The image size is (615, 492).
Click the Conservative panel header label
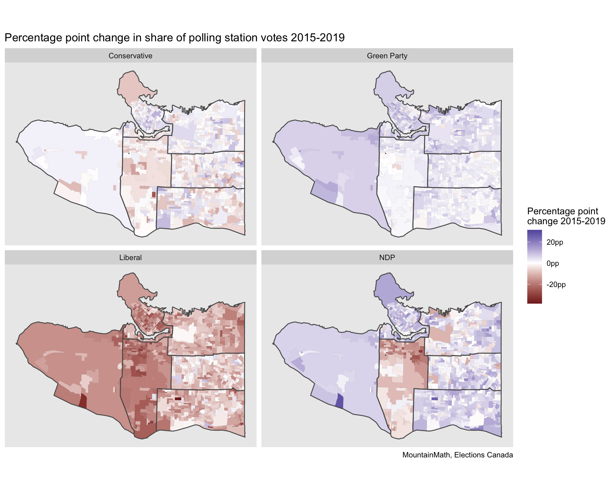pyautogui.click(x=130, y=56)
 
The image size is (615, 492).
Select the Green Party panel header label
pyautogui.click(x=387, y=56)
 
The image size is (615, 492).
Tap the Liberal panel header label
pyautogui.click(x=130, y=258)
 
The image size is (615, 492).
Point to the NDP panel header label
pyautogui.click(x=387, y=258)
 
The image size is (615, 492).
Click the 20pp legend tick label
pyautogui.click(x=555, y=242)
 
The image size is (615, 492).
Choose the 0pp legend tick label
pyautogui.click(x=553, y=263)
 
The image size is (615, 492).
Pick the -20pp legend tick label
pyautogui.click(x=556, y=284)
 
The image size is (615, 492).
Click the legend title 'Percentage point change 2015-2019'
pyautogui.click(x=566, y=216)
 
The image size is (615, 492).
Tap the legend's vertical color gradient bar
pyautogui.click(x=535, y=266)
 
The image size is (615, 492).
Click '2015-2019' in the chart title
pyautogui.click(x=317, y=38)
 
